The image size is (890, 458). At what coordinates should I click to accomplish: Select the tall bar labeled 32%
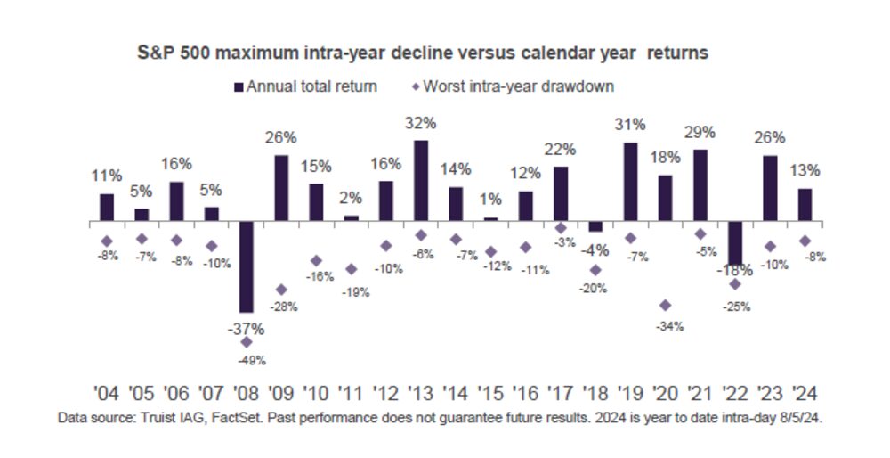pyautogui.click(x=420, y=180)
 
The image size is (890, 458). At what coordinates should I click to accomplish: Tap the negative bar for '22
pyautogui.click(x=734, y=241)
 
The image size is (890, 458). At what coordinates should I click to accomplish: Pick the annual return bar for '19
pyautogui.click(x=630, y=182)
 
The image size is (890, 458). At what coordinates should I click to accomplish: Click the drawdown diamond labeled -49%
pyautogui.click(x=247, y=342)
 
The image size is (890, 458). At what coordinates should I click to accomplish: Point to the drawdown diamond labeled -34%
pyautogui.click(x=665, y=305)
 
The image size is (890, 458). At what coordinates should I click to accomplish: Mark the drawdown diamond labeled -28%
pyautogui.click(x=281, y=290)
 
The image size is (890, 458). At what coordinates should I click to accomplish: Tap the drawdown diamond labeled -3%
pyautogui.click(x=561, y=228)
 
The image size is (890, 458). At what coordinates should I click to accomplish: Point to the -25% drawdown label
pyautogui.click(x=737, y=307)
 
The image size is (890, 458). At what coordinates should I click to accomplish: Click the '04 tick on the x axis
pyautogui.click(x=107, y=393)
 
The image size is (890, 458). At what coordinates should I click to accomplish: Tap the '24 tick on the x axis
pyautogui.click(x=805, y=393)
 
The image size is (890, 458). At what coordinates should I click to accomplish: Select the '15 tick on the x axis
pyautogui.click(x=490, y=393)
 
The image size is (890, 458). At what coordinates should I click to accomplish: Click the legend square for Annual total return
pyautogui.click(x=238, y=86)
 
